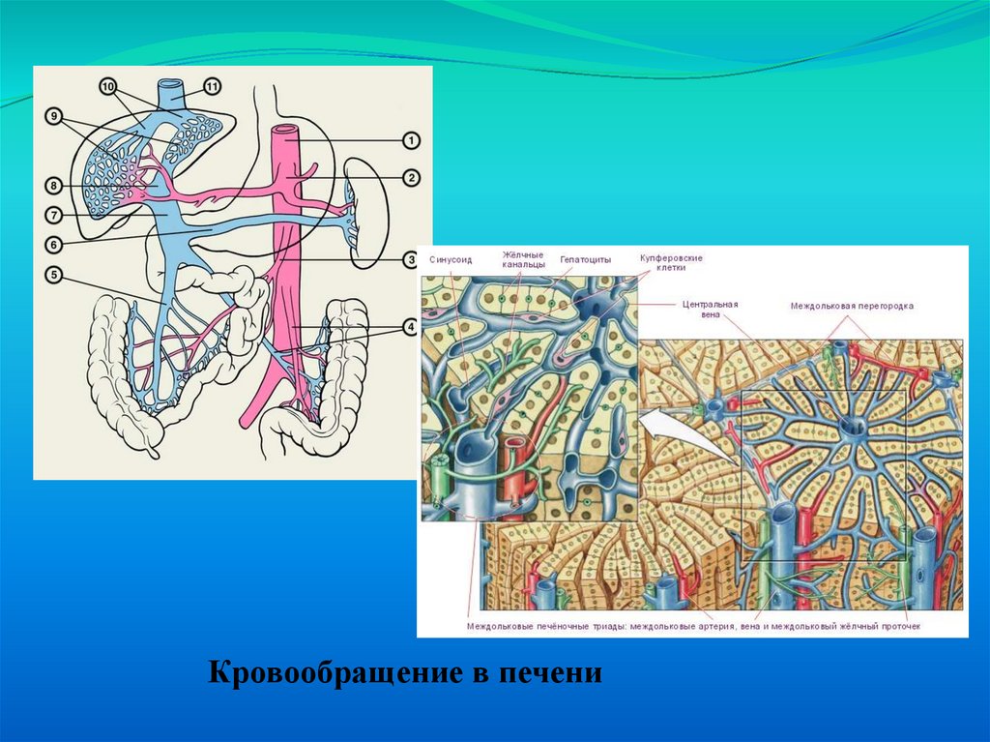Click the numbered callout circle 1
tap(411, 141)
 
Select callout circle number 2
tap(411, 177)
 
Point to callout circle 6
tap(54, 244)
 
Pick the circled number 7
tap(54, 213)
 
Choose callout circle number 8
tap(54, 184)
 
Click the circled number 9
tap(54, 116)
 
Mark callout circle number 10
tap(107, 86)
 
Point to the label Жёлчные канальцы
tap(523, 258)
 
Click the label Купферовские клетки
tap(670, 263)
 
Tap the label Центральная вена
tap(710, 309)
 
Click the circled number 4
tap(411, 327)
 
